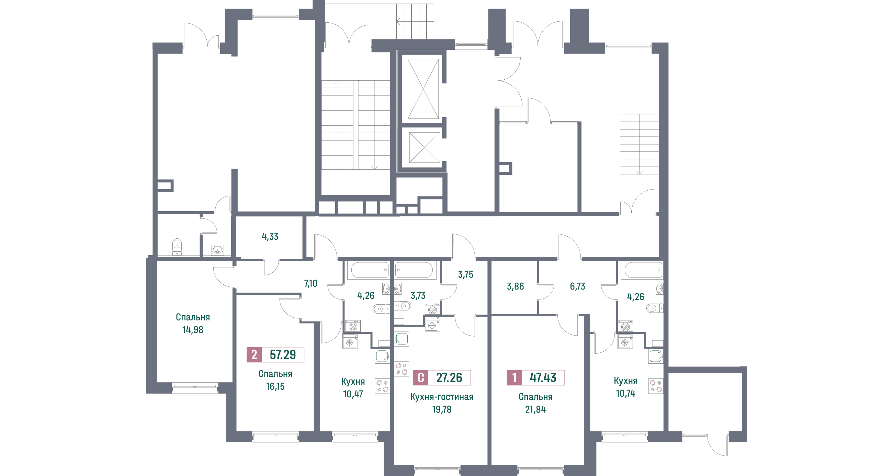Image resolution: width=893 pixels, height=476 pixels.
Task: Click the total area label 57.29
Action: [x=283, y=355]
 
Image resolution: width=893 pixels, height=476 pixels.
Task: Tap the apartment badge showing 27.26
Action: [x=449, y=377]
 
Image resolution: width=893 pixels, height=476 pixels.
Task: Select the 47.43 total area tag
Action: [x=543, y=377]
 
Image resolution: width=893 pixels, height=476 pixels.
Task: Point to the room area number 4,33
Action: [x=270, y=237]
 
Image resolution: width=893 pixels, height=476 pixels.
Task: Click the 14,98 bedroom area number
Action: [x=193, y=330]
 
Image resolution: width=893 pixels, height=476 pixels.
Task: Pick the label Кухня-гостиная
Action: [x=442, y=397]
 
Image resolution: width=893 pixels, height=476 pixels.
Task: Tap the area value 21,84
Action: [x=535, y=409]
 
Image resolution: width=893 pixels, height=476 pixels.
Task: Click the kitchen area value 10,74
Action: [x=626, y=394]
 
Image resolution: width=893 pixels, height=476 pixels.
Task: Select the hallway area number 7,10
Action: [x=310, y=284]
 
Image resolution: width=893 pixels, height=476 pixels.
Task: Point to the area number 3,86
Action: [x=516, y=286]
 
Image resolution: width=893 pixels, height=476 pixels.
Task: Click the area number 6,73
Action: [x=578, y=286]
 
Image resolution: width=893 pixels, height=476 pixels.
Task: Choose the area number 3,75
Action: [x=466, y=274]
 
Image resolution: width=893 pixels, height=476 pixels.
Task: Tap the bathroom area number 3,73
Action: [x=418, y=296]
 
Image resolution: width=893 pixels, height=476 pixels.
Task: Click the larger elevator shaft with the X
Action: [x=423, y=89]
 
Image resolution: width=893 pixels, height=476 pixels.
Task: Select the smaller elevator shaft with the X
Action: [x=424, y=147]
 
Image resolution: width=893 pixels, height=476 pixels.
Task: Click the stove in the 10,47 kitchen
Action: [x=382, y=386]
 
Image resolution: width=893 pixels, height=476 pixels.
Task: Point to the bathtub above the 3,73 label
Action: [x=414, y=270]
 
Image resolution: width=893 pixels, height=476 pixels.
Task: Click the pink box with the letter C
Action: [x=421, y=377]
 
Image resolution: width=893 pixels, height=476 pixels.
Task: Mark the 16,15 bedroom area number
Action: [x=275, y=387]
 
